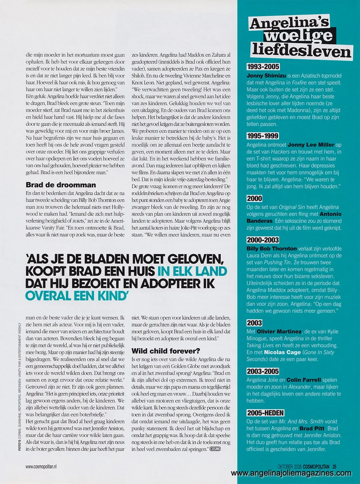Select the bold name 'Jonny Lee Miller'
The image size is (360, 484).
click(311, 144)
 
